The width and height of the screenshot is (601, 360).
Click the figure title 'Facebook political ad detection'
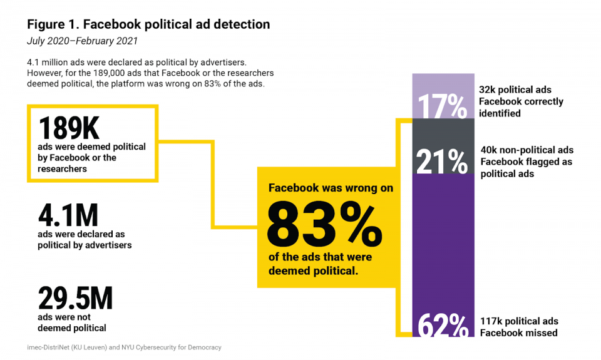(148, 25)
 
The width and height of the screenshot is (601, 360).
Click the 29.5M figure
(75, 299)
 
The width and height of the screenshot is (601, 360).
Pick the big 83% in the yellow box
(325, 225)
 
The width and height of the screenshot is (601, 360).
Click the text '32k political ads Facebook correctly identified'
(521, 101)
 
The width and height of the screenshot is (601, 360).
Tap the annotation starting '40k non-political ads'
(527, 162)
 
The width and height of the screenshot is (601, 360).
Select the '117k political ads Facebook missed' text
(518, 327)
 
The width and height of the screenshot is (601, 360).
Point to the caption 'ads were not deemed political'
(72, 322)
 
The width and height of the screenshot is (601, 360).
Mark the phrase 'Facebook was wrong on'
(331, 187)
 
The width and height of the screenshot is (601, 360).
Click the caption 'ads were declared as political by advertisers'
(85, 239)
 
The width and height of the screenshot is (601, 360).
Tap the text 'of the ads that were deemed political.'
(320, 264)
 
